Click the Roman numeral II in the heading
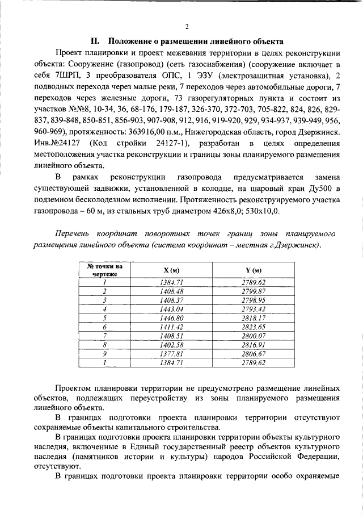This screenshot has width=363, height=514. pos(96,41)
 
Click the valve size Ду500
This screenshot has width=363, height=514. pos(327,188)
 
